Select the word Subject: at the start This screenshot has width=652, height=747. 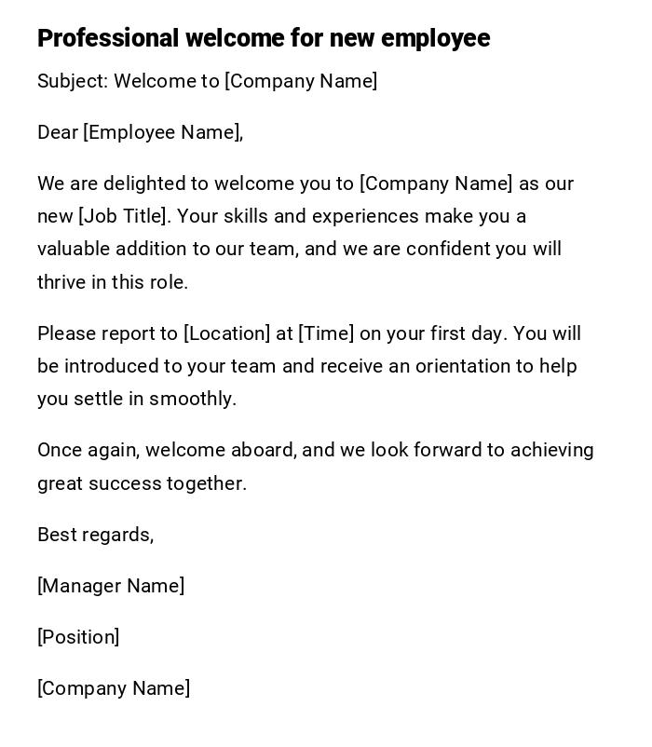(x=73, y=81)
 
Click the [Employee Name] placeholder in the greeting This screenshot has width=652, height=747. (x=162, y=132)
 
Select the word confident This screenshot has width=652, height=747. (x=446, y=249)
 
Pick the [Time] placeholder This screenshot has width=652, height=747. (x=326, y=333)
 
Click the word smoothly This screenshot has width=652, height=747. (x=193, y=399)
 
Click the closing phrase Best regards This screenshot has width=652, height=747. (x=94, y=535)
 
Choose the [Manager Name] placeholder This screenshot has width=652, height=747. (x=111, y=586)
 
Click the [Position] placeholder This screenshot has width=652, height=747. (x=78, y=637)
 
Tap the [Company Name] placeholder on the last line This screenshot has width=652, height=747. (x=114, y=688)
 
